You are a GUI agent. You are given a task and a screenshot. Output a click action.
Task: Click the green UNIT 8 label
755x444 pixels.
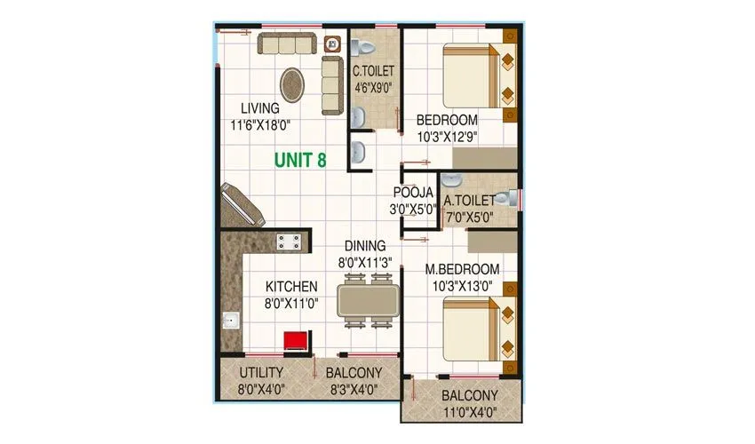pos(299,160)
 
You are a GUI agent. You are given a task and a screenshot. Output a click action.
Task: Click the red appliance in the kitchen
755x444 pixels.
pos(294,341)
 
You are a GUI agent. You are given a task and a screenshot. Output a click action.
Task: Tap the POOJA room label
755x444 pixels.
pos(413,193)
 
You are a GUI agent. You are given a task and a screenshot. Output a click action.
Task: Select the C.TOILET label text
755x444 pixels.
pos(373,71)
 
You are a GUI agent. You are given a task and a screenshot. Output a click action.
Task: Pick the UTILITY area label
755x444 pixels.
pos(261,372)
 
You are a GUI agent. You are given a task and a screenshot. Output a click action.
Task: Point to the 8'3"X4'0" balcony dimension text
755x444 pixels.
pos(353,388)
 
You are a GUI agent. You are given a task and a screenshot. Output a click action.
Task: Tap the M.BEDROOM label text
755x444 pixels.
pos(461,269)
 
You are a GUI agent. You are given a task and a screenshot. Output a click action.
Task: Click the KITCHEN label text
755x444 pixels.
pos(292,287)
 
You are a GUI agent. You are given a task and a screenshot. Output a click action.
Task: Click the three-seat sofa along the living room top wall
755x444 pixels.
pos(287,44)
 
